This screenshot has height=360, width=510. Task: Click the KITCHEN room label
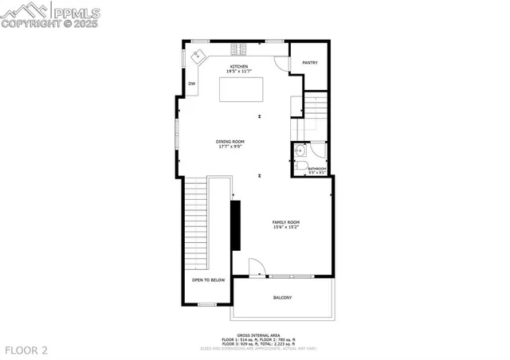click(x=239, y=66)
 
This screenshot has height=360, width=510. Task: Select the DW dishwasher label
click(x=192, y=84)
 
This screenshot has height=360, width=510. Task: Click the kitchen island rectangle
click(x=241, y=89)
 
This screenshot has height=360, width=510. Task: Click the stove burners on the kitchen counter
click(x=240, y=45)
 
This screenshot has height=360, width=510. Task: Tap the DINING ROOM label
click(x=229, y=141)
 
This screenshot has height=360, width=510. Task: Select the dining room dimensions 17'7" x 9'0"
click(x=229, y=147)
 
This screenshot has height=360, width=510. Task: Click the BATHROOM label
click(x=317, y=168)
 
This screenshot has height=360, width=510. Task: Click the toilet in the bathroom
click(x=302, y=166)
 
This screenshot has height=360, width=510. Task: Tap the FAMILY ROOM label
click(x=285, y=221)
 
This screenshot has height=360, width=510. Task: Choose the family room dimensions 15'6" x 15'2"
click(x=285, y=227)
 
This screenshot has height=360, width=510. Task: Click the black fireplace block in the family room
click(x=235, y=227)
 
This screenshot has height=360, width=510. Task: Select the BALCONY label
click(x=282, y=298)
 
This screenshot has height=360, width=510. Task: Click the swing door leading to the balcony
click(x=256, y=268)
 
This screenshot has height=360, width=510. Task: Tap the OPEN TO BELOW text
click(x=209, y=280)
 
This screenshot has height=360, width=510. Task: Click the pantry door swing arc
click(x=280, y=65)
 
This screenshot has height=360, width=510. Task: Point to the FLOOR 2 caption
click(x=26, y=350)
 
